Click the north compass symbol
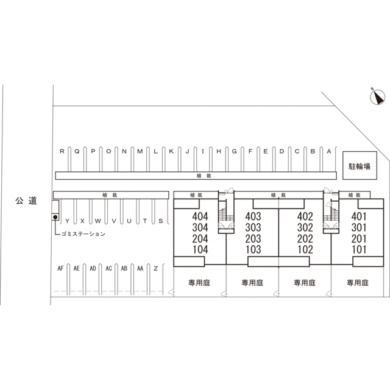pos(377,97)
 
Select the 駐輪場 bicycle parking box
pos(360,165)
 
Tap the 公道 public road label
pos(26,200)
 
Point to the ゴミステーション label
pos(83,234)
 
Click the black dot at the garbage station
pos(55,217)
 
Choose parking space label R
pos(62,151)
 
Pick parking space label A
pos(329,151)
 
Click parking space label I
pos(203,151)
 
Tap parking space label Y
pos(67,221)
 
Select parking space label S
pos(161,221)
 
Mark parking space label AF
pos(60,268)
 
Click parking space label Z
pos(156,268)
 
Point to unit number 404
pos(200,216)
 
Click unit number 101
pos(359,249)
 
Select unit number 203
pos(253,238)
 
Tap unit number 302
pos(305,227)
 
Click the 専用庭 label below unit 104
pos(199,283)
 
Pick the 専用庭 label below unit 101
pos(358,283)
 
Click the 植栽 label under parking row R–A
pos(204,176)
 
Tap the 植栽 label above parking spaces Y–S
pos(110,195)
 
